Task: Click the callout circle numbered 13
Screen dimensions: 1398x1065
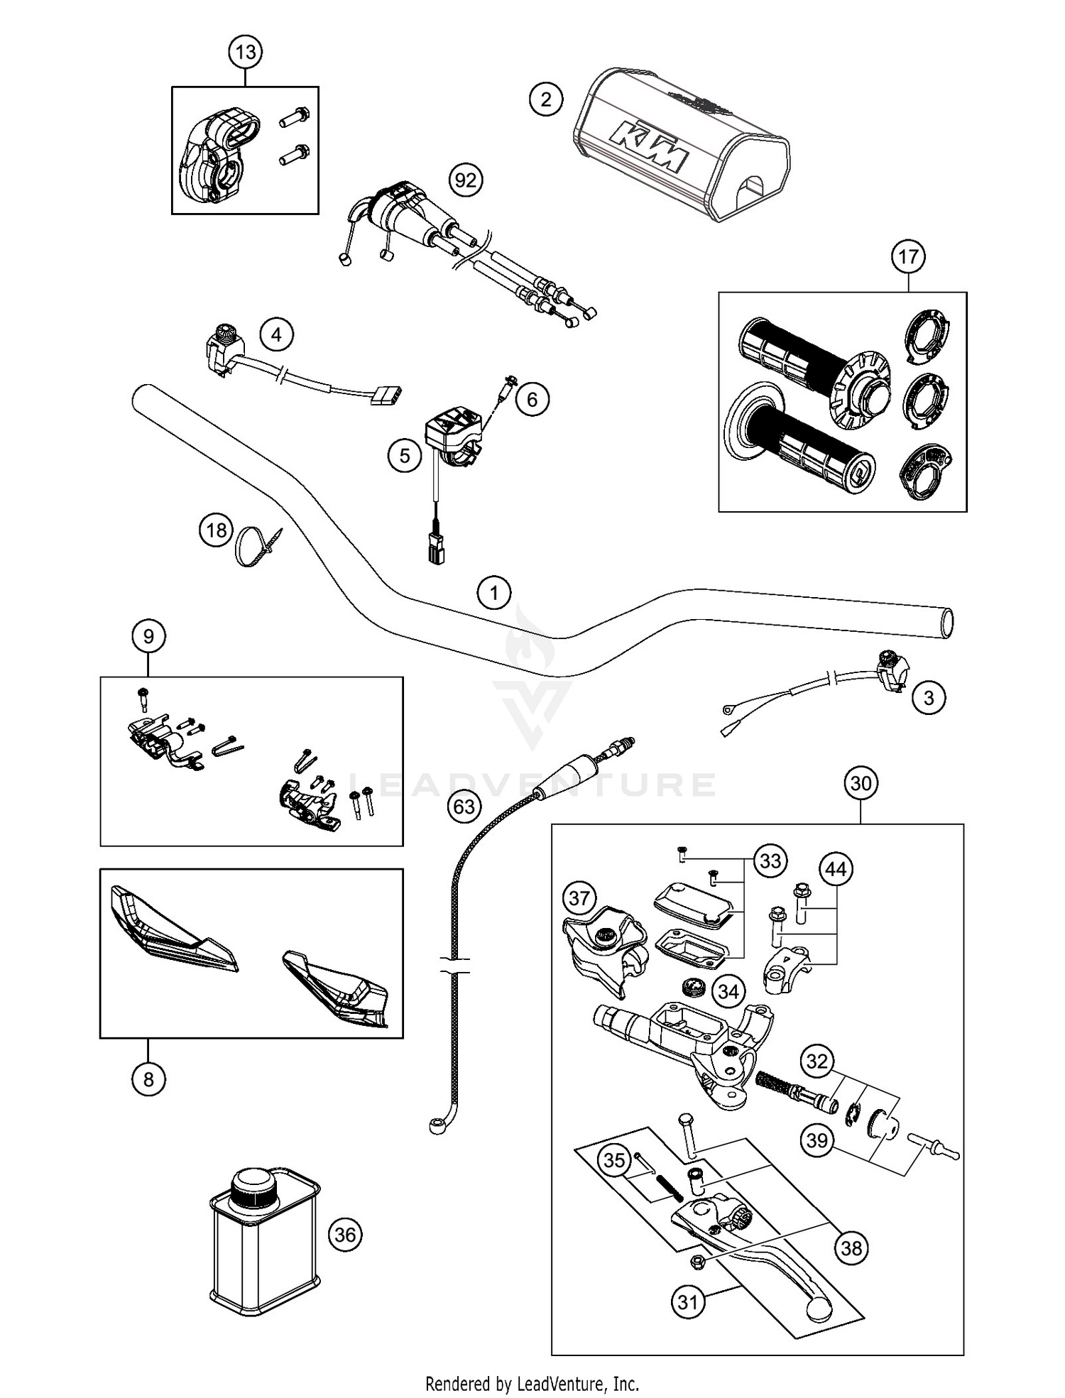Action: tap(245, 52)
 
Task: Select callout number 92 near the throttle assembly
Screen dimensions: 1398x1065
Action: tap(465, 180)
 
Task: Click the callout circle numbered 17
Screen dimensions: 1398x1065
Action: tap(909, 256)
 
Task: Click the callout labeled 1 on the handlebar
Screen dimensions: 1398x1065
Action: tap(495, 591)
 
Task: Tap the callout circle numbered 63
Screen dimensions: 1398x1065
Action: tap(464, 807)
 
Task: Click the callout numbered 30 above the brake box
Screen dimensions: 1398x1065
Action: tap(861, 783)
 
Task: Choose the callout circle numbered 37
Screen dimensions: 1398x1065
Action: tap(579, 898)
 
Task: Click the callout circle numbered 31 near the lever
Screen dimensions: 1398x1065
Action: tap(688, 1303)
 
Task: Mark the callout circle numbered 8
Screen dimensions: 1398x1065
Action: tap(148, 1079)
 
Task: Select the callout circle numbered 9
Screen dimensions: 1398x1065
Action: tap(148, 635)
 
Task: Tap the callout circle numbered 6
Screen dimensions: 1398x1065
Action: tap(532, 400)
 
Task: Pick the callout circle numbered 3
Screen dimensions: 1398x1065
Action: tap(929, 698)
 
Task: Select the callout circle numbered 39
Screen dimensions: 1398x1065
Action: tap(817, 1140)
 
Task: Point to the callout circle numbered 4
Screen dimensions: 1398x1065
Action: tap(277, 334)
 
